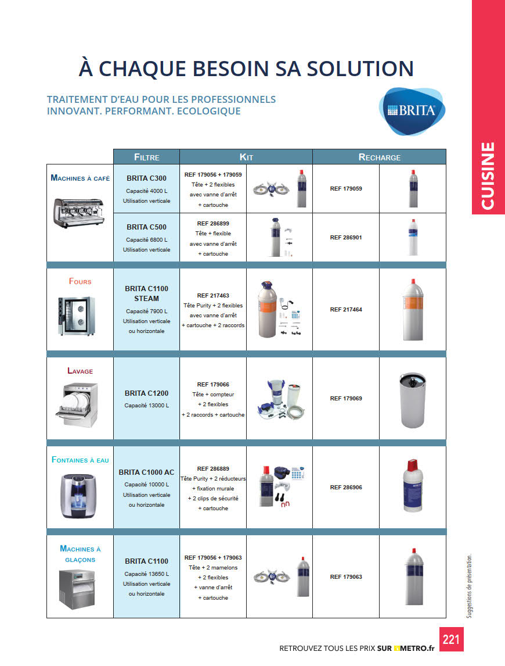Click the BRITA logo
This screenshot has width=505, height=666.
(x=412, y=110)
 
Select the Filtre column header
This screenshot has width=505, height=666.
(x=146, y=157)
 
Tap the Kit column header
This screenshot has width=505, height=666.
(x=246, y=157)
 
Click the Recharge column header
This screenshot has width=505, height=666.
(x=379, y=157)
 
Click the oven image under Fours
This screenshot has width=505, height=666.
(x=77, y=316)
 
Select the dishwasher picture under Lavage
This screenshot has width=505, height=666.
(x=80, y=402)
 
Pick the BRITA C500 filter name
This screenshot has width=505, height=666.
(x=146, y=227)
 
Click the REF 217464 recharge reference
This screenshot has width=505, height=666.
(x=346, y=310)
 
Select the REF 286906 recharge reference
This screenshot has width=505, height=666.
(x=346, y=488)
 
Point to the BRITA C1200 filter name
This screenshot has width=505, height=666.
(x=146, y=393)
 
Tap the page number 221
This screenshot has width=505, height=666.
(x=451, y=639)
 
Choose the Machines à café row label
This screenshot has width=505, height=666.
(x=80, y=178)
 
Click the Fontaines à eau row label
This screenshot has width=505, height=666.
(x=80, y=460)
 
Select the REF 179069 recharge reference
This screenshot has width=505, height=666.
(x=346, y=399)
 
